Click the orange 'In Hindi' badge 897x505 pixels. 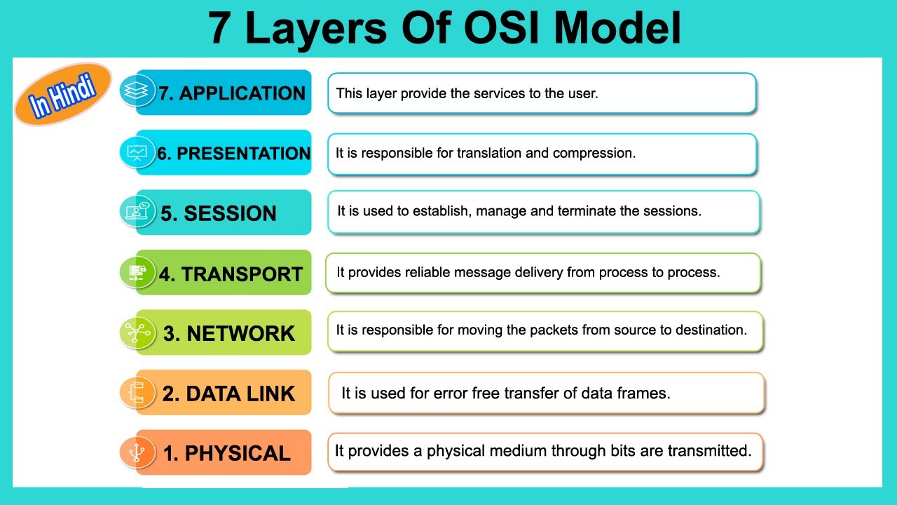(62, 95)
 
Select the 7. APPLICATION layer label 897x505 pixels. (232, 93)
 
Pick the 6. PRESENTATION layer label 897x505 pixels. (233, 154)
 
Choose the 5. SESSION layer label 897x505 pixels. (219, 214)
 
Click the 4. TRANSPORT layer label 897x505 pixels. (231, 274)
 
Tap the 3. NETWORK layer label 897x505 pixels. (229, 334)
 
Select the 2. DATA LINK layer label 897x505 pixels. (228, 394)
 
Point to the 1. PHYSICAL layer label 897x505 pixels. (226, 454)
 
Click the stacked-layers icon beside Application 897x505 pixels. (137, 90)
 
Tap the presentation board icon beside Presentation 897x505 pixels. (137, 151)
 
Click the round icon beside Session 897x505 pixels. (137, 211)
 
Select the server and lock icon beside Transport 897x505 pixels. (137, 272)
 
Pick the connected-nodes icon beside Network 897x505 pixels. (137, 332)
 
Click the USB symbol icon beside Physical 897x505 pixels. (137, 452)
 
